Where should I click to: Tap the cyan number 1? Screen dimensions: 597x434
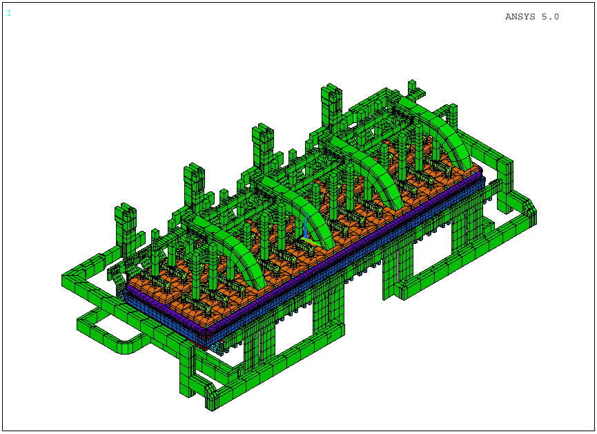pos(9,13)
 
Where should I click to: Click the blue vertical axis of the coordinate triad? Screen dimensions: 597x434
pos(305,226)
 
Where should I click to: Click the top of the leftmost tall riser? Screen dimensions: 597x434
pos(126,209)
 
